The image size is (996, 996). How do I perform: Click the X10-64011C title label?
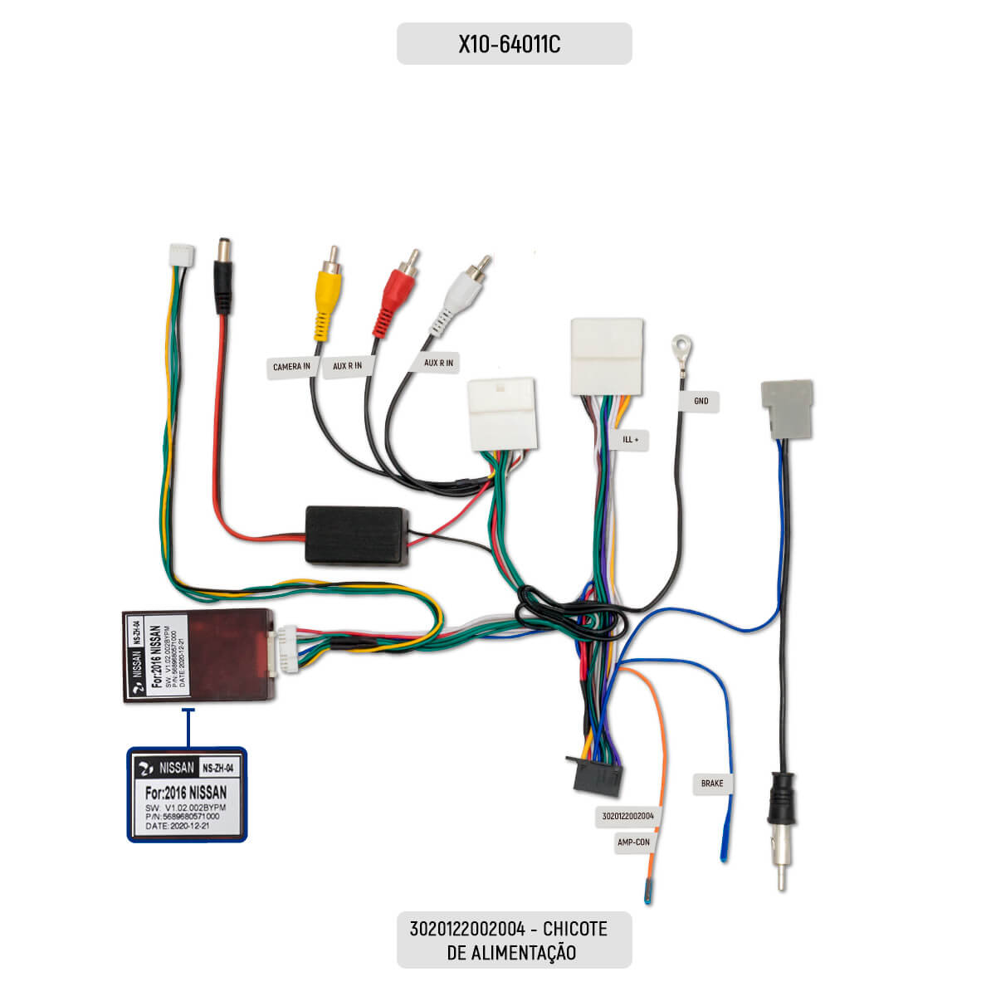pyautogui.click(x=514, y=44)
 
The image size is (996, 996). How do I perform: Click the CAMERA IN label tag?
pyautogui.click(x=291, y=367)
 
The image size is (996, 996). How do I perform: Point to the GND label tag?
pyautogui.click(x=701, y=402)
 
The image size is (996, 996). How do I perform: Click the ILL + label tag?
pyautogui.click(x=631, y=440)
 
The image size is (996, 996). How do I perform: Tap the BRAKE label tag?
pyautogui.click(x=712, y=784)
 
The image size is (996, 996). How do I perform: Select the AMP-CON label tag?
pyautogui.click(x=633, y=842)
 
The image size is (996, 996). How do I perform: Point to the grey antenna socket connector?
pyautogui.click(x=786, y=408)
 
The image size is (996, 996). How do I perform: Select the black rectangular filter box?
pyautogui.click(x=358, y=535)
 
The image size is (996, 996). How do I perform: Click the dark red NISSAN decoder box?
pyautogui.click(x=198, y=656)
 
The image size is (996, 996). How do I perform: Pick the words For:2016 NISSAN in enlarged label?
pyautogui.click(x=186, y=793)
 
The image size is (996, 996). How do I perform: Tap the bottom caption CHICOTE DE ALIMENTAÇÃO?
pyautogui.click(x=514, y=940)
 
